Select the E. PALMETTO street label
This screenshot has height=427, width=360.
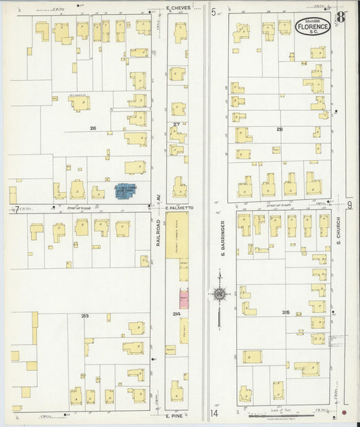(179, 209)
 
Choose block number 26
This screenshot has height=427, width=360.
(93, 128)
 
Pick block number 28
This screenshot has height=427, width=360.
(278, 128)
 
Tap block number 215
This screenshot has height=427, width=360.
(286, 312)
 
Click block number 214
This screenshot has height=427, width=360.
(177, 314)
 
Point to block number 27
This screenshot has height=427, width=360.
(176, 124)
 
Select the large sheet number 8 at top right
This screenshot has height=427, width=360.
(342, 18)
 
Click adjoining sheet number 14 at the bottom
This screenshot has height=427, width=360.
(214, 413)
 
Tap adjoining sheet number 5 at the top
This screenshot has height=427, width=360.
(213, 12)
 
